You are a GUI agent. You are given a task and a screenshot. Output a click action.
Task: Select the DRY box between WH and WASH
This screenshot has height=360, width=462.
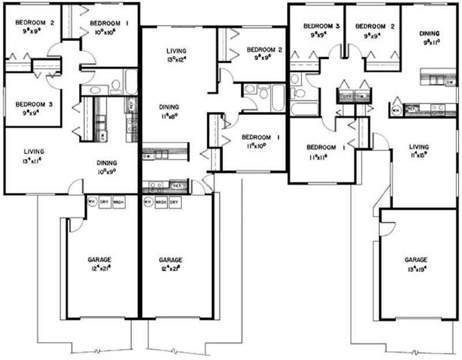pos(105,202)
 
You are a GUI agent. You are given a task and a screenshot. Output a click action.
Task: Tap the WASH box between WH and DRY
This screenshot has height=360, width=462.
pos(159,202)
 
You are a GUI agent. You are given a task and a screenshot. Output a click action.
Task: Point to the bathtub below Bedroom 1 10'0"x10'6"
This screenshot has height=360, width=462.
pos(131,82)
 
